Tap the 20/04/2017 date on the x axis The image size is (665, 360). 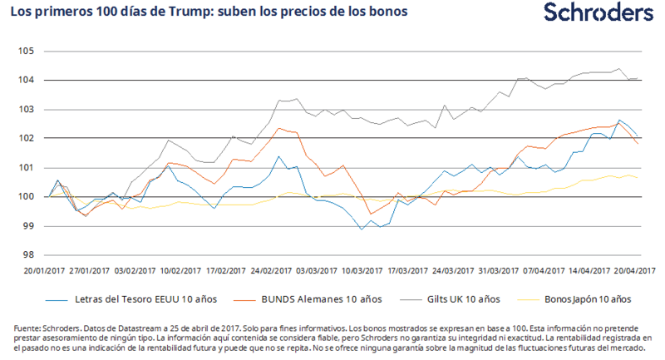[634, 270]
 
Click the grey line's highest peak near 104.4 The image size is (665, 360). [618, 69]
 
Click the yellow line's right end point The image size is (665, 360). [638, 178]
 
